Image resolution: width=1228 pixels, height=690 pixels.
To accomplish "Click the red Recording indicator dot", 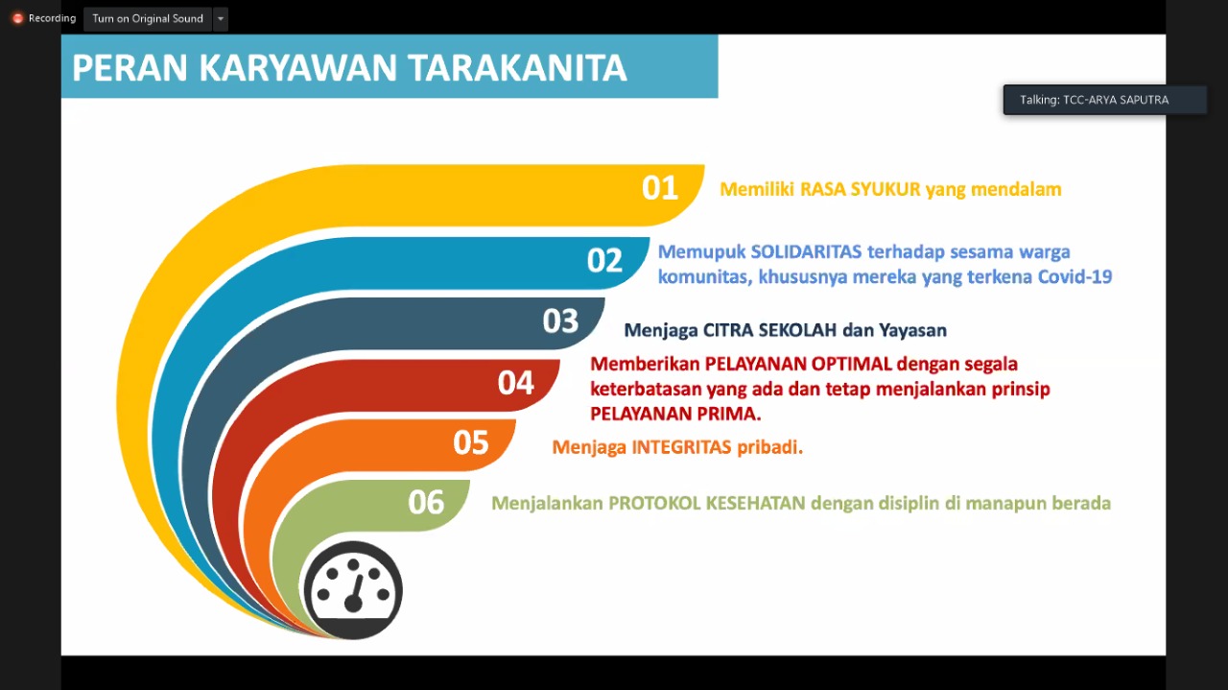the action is [17, 18].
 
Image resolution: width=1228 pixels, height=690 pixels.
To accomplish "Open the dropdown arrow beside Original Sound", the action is [221, 18].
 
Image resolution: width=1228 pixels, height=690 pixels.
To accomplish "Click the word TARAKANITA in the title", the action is [517, 68].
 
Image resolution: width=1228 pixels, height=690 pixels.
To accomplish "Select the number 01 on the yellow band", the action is [660, 188].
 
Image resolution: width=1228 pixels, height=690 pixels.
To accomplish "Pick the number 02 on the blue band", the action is [604, 260].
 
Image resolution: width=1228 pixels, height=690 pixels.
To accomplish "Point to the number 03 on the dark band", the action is [560, 321].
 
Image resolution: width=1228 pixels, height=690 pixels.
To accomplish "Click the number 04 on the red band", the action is [516, 383].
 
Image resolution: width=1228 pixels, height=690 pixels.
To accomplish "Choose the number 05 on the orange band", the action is [471, 442].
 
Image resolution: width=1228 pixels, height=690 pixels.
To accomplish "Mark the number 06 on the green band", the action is [426, 503].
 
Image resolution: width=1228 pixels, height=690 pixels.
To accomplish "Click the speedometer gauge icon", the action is [354, 591].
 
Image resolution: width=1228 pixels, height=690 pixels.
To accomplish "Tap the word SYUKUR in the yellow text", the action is [886, 189].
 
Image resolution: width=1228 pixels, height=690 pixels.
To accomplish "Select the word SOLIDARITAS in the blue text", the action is [807, 251].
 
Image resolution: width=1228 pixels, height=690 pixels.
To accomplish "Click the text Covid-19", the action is [1075, 277].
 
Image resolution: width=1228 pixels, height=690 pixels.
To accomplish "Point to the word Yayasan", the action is [912, 330].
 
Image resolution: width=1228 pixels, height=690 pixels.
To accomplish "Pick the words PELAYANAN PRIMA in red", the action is [675, 414].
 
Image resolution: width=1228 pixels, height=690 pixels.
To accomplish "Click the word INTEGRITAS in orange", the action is [681, 447].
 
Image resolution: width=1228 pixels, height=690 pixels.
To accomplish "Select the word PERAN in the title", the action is [130, 68].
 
